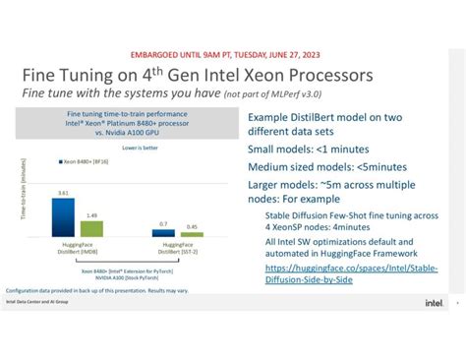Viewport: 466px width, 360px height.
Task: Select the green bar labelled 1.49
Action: tap(90, 227)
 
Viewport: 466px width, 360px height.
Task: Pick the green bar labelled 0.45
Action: tap(194, 235)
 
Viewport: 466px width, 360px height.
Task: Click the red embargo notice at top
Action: tap(233, 55)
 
